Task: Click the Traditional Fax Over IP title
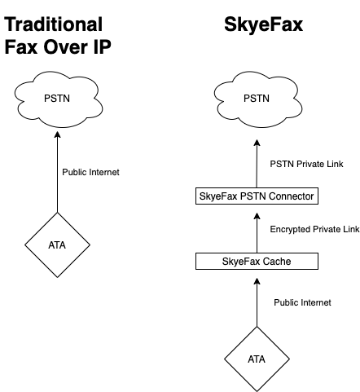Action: [x=58, y=36]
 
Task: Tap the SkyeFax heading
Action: [x=263, y=25]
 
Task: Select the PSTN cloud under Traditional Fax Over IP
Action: [x=59, y=99]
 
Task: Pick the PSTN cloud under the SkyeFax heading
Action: [x=258, y=99]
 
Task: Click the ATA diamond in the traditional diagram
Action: [x=57, y=244]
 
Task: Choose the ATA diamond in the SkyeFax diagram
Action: [x=257, y=359]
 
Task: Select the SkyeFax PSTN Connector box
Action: [x=257, y=196]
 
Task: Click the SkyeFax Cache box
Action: [x=257, y=261]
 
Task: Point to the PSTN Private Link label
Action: [x=306, y=164]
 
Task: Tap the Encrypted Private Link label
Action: [x=314, y=229]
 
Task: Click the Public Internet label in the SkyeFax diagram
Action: [x=302, y=302]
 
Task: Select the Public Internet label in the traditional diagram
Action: [x=90, y=172]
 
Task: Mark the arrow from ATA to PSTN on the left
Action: [x=57, y=172]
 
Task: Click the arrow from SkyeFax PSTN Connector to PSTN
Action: [x=257, y=164]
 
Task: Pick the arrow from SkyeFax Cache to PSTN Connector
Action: [x=257, y=233]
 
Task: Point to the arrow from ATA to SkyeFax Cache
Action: [x=257, y=302]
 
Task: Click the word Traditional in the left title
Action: [x=54, y=24]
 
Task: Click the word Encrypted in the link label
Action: [x=290, y=230]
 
